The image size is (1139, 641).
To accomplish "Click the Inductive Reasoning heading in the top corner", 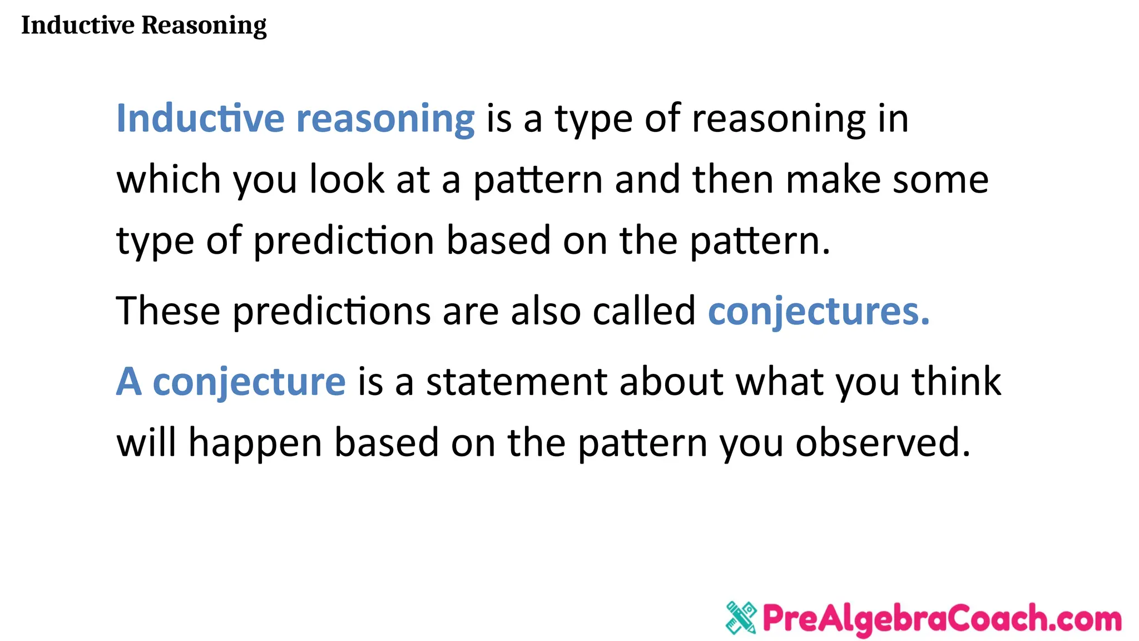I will (143, 26).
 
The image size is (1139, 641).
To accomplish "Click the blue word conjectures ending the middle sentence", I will (818, 312).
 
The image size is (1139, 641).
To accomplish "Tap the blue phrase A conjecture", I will (230, 382).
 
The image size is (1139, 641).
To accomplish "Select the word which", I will (169, 180).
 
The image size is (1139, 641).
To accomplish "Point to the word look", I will (346, 180).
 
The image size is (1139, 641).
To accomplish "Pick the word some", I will (940, 180).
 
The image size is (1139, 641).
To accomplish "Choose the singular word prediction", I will (344, 241).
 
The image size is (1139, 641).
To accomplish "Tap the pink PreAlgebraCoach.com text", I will (942, 618).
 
